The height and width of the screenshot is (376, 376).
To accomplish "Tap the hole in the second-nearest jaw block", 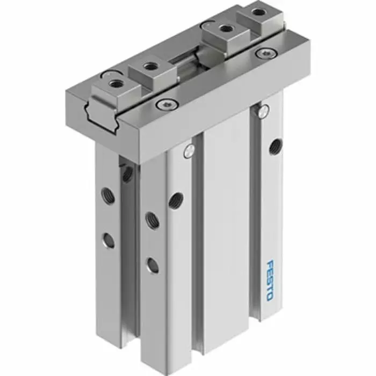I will (150, 66).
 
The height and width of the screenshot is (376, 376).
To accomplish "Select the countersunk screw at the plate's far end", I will (264, 53).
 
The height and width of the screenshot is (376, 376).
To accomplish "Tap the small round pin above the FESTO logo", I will (263, 111).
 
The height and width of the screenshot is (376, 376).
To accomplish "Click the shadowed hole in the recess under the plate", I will (128, 173).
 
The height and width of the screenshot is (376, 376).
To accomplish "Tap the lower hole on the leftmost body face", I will (110, 240).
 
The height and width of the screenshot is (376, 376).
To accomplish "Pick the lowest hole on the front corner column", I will (153, 264).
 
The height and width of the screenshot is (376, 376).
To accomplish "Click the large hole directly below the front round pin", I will (176, 200).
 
